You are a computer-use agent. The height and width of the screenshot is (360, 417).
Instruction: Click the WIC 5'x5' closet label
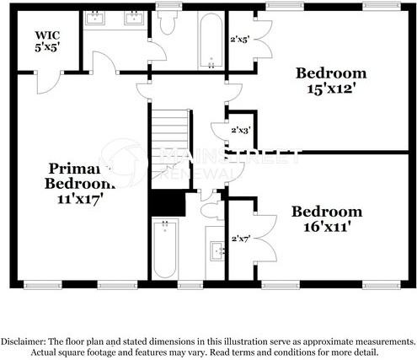click(46, 41)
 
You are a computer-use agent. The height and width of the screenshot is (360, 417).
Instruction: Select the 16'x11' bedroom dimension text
click(327, 226)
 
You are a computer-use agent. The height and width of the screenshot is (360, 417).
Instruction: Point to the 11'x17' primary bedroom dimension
click(79, 200)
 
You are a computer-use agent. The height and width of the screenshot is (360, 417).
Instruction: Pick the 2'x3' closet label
click(241, 130)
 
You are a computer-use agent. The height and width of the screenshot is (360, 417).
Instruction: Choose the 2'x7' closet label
click(242, 239)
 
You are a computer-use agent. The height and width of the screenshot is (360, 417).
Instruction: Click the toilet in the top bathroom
click(167, 22)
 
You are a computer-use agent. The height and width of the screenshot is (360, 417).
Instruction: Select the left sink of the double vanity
click(97, 18)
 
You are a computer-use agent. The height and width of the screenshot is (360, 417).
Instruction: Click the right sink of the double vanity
click(133, 18)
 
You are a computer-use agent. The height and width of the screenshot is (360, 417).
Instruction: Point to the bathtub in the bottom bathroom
click(165, 249)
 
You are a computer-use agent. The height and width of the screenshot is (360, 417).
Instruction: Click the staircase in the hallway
click(168, 148)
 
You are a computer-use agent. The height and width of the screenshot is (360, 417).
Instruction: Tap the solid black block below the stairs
click(167, 203)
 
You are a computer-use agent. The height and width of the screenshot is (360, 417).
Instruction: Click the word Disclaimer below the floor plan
click(28, 341)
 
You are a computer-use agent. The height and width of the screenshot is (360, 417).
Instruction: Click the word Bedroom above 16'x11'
click(327, 212)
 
